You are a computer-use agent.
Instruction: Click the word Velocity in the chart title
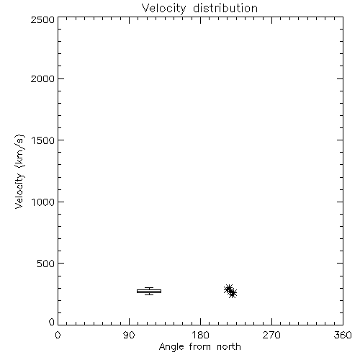pos(163,9)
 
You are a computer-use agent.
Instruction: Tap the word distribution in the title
pos(225,8)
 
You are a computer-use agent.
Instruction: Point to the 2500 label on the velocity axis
pos(42,19)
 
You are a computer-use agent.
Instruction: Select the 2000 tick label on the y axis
pos(42,78)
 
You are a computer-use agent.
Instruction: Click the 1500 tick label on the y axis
pos(43,140)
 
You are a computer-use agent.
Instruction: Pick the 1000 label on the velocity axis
pos(43,202)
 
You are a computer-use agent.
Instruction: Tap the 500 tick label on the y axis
pos(46,264)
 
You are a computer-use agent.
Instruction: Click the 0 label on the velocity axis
pos(52,322)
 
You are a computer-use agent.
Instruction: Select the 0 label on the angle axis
pos(58,335)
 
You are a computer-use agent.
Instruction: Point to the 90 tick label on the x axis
pos(129,335)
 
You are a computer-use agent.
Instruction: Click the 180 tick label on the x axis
pos(200,335)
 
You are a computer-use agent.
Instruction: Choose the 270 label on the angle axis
pos(271,335)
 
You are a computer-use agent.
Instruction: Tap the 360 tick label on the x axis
pos(343,335)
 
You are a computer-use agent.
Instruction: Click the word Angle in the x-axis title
pos(171,347)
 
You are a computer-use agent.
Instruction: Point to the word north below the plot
pos(229,346)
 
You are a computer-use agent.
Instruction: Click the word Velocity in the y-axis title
pos(19,191)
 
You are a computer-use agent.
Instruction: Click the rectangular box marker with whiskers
pos(149,291)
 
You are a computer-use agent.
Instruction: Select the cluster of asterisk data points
pos(230,292)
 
